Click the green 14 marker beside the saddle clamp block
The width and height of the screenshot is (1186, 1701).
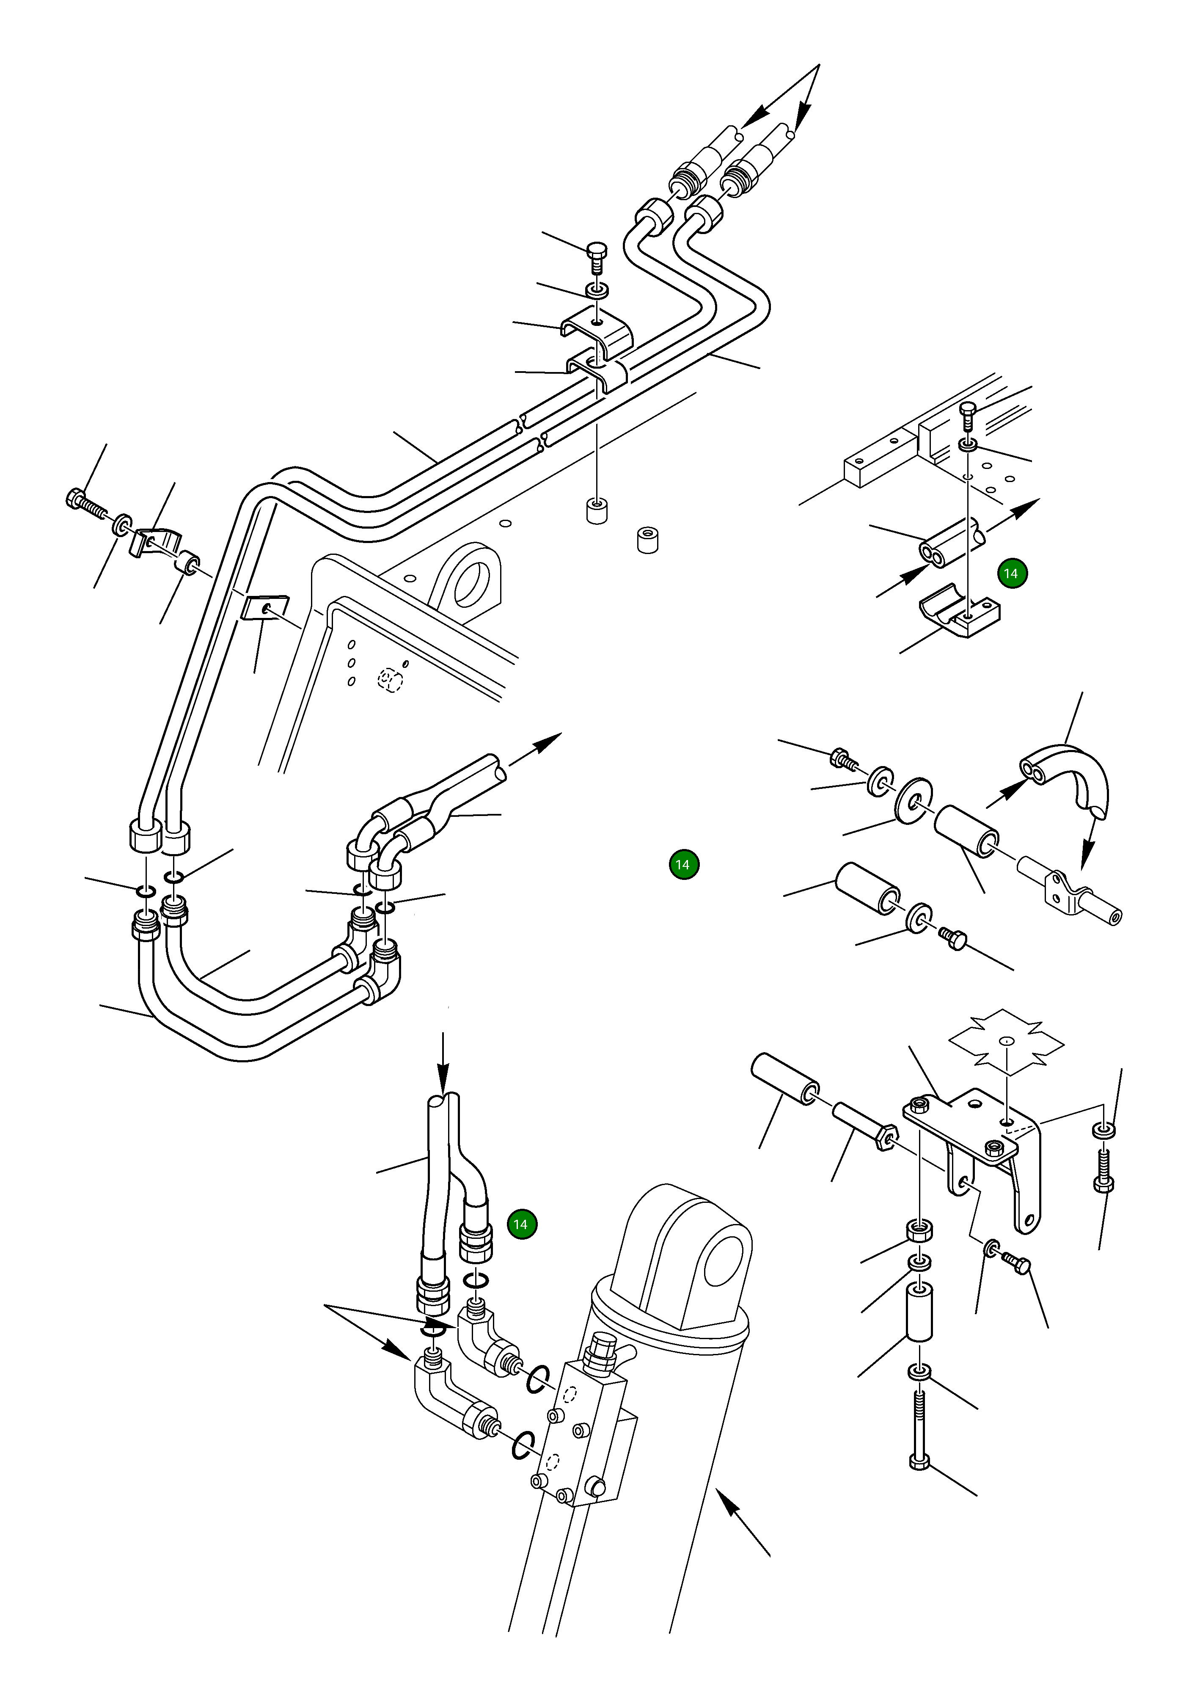[1012, 573]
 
